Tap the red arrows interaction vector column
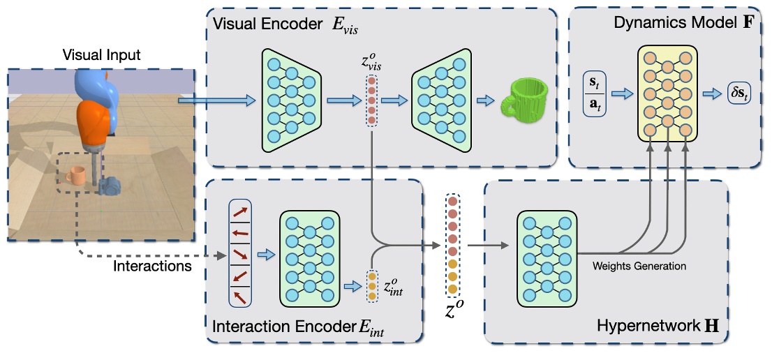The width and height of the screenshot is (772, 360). [x=239, y=254]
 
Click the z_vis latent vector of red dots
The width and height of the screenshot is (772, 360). [x=371, y=101]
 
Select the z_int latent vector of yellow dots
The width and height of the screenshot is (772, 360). [x=371, y=286]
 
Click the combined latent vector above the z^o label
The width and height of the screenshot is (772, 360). [x=452, y=245]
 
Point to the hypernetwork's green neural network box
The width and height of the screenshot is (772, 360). [x=547, y=259]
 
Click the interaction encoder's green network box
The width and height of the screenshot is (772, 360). [x=309, y=259]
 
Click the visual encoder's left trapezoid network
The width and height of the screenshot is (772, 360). [x=290, y=100]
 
